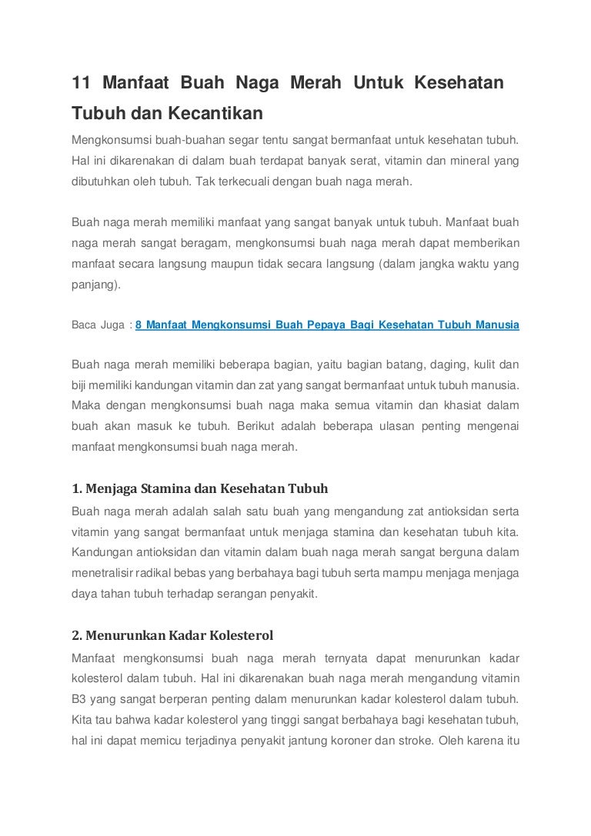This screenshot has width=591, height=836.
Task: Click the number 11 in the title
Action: pos(81,82)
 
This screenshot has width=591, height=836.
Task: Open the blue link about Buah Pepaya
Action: pos(327,325)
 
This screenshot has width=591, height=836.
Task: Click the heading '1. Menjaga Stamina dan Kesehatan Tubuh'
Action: pos(200,488)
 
